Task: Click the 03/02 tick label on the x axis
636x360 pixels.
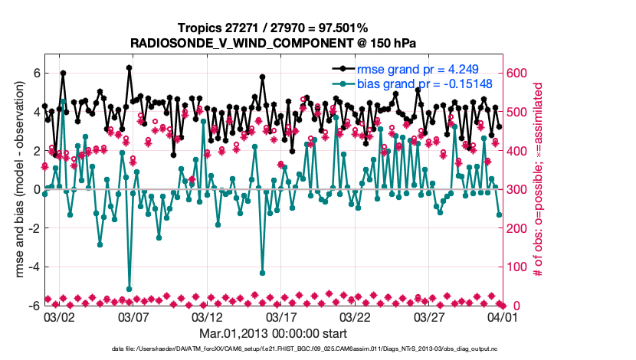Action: tap(59, 316)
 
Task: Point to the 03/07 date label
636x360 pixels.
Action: tap(133, 316)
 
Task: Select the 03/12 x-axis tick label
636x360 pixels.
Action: tap(207, 316)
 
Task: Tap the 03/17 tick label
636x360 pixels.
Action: tap(281, 316)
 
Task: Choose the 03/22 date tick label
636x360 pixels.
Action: tap(356, 316)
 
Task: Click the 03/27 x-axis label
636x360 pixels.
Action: tap(429, 316)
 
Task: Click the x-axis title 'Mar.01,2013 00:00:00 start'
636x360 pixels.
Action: tap(274, 333)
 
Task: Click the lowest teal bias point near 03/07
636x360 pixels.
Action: tap(129, 289)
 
